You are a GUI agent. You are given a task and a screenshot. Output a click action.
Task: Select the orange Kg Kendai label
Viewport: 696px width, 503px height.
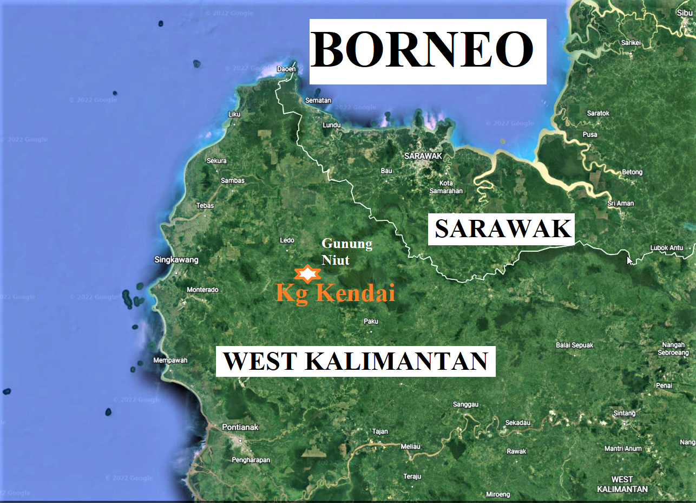pos(336,293)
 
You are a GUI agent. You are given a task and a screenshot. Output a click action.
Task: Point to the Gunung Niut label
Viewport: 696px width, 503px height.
pos(347,252)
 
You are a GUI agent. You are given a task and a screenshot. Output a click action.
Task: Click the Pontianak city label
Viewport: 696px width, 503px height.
pos(240,427)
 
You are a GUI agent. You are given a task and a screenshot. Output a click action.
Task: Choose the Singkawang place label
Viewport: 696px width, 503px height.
pos(176,260)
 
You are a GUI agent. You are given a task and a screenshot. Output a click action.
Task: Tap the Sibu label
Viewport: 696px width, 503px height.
pos(685,13)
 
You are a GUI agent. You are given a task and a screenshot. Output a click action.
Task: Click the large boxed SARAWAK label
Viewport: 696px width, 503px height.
pos(503,229)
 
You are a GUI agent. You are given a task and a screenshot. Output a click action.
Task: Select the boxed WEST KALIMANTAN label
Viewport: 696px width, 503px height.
pos(356,362)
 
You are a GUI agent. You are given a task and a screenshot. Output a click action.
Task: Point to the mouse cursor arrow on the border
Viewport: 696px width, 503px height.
pos(629,260)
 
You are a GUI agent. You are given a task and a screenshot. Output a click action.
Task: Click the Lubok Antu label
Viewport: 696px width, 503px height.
pos(667,249)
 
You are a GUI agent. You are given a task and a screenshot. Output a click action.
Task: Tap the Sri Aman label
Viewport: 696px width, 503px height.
pos(621,204)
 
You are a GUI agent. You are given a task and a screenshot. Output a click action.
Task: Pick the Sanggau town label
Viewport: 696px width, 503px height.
pos(465,404)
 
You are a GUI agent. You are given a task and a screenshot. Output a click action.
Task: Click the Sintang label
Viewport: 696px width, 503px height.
pos(625,414)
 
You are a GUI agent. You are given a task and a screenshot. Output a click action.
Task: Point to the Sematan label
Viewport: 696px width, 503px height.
pos(318,101)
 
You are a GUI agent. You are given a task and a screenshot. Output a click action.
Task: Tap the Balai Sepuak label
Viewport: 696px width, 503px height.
pos(575,345)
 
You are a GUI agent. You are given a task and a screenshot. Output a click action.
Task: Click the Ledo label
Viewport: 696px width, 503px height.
pos(287,240)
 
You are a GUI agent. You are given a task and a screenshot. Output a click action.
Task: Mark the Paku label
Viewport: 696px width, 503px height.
pos(371,322)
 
